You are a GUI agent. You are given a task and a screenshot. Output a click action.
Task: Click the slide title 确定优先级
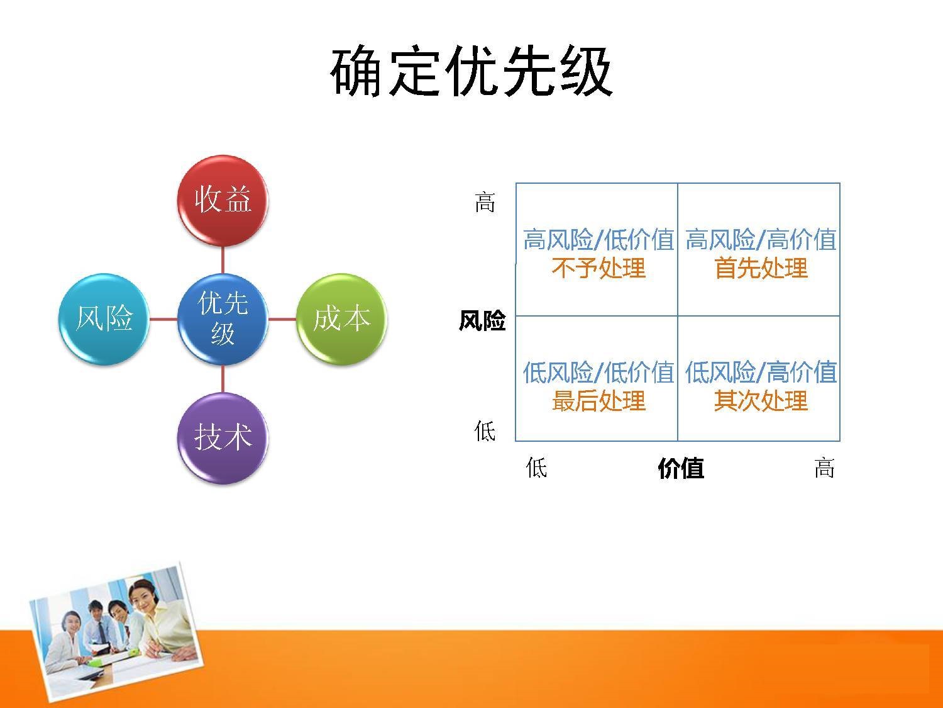point(472,71)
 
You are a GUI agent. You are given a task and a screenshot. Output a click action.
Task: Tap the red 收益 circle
point(223,200)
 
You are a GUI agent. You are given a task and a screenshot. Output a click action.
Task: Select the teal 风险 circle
point(104,319)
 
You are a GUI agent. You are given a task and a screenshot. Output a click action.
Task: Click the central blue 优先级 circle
point(223,319)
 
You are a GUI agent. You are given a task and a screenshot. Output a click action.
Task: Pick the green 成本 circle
point(341,319)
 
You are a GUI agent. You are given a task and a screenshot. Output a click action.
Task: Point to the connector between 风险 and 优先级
point(163,319)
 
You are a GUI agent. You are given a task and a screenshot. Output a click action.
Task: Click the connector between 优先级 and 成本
point(282,319)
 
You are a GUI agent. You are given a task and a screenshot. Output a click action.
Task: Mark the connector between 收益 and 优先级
point(223,260)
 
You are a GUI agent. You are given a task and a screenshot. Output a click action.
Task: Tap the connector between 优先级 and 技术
point(223,379)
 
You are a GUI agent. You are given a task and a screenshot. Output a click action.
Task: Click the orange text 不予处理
point(598,268)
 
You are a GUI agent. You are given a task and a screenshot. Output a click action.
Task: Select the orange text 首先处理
point(761,268)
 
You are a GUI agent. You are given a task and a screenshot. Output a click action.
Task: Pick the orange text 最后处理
point(598,401)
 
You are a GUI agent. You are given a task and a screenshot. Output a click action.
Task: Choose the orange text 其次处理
point(761,401)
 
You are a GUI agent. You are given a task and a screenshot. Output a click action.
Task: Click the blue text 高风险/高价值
point(761,239)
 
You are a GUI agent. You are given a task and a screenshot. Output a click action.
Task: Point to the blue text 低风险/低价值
point(598,372)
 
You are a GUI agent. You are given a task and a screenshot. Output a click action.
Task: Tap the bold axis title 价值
point(681,468)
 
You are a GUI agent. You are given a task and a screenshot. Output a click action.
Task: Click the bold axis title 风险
point(482,321)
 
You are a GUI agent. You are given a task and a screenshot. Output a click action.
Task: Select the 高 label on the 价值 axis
point(824,468)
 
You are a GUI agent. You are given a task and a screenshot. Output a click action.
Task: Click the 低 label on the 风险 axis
point(485,430)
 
